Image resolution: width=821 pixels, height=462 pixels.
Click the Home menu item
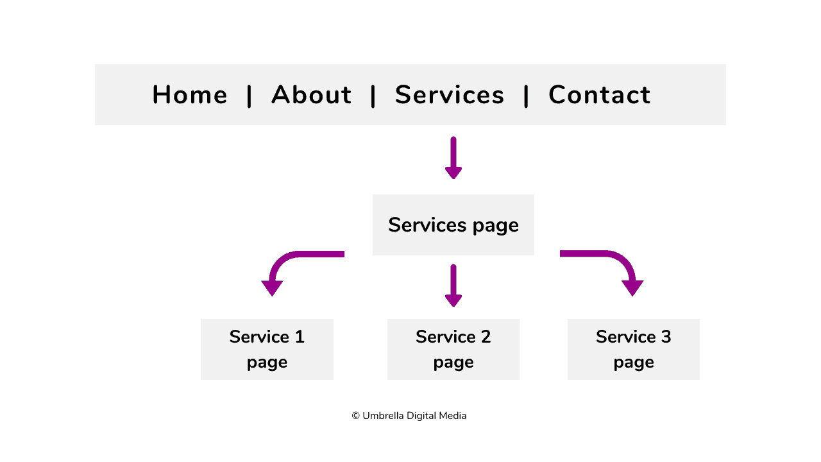[x=190, y=95]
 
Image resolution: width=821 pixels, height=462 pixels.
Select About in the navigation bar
[x=311, y=95]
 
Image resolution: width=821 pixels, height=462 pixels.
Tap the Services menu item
[x=450, y=95]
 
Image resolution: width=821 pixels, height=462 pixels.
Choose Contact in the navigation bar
[x=599, y=95]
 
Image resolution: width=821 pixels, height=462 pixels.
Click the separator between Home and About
[x=250, y=96]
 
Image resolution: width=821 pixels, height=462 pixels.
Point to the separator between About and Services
[x=373, y=96]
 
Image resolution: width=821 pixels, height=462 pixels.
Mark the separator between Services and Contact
[x=526, y=96]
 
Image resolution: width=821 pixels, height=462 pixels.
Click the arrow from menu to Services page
[x=453, y=158]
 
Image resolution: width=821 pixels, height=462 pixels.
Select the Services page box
[x=453, y=225]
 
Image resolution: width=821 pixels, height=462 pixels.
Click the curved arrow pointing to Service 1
[x=289, y=263]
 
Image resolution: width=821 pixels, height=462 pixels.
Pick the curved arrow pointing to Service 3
[x=616, y=263]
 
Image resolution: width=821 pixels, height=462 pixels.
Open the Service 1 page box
[x=267, y=349]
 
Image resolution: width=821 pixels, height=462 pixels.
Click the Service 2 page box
[x=453, y=349]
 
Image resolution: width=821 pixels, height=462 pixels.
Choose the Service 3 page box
[x=633, y=349]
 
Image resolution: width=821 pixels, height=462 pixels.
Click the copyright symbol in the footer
[x=355, y=416]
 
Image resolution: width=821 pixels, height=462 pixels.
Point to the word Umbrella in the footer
[x=382, y=416]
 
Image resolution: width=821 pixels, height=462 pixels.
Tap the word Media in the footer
[x=453, y=416]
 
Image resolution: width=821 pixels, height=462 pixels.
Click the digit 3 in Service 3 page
[x=666, y=337]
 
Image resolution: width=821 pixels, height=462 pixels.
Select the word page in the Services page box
[x=495, y=226]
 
